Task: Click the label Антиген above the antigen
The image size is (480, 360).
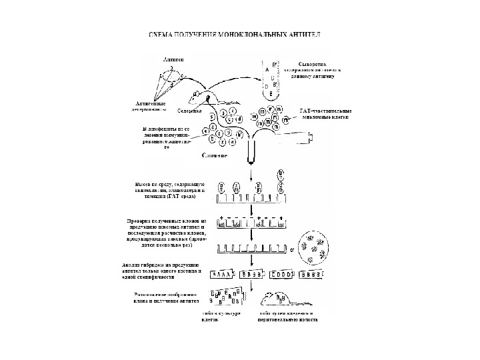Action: coord(174,59)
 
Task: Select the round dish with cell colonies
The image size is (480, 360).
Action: coord(313,248)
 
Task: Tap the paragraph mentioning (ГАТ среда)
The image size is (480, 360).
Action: coord(170,190)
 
